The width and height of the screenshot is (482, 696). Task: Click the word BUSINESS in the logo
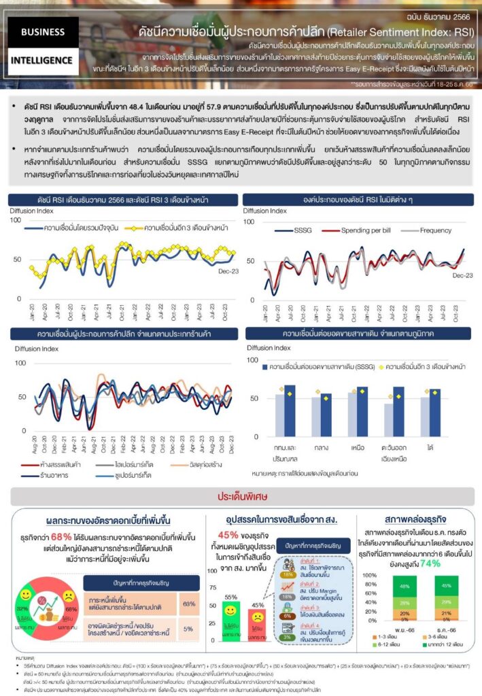coord(43,31)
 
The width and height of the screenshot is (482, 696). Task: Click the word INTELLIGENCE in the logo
coord(43,60)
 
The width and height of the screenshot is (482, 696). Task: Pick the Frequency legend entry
coord(435,230)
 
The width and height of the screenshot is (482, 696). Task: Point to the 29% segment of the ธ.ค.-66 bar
coord(446,603)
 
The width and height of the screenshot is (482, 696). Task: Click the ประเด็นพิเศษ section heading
coord(241,495)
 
